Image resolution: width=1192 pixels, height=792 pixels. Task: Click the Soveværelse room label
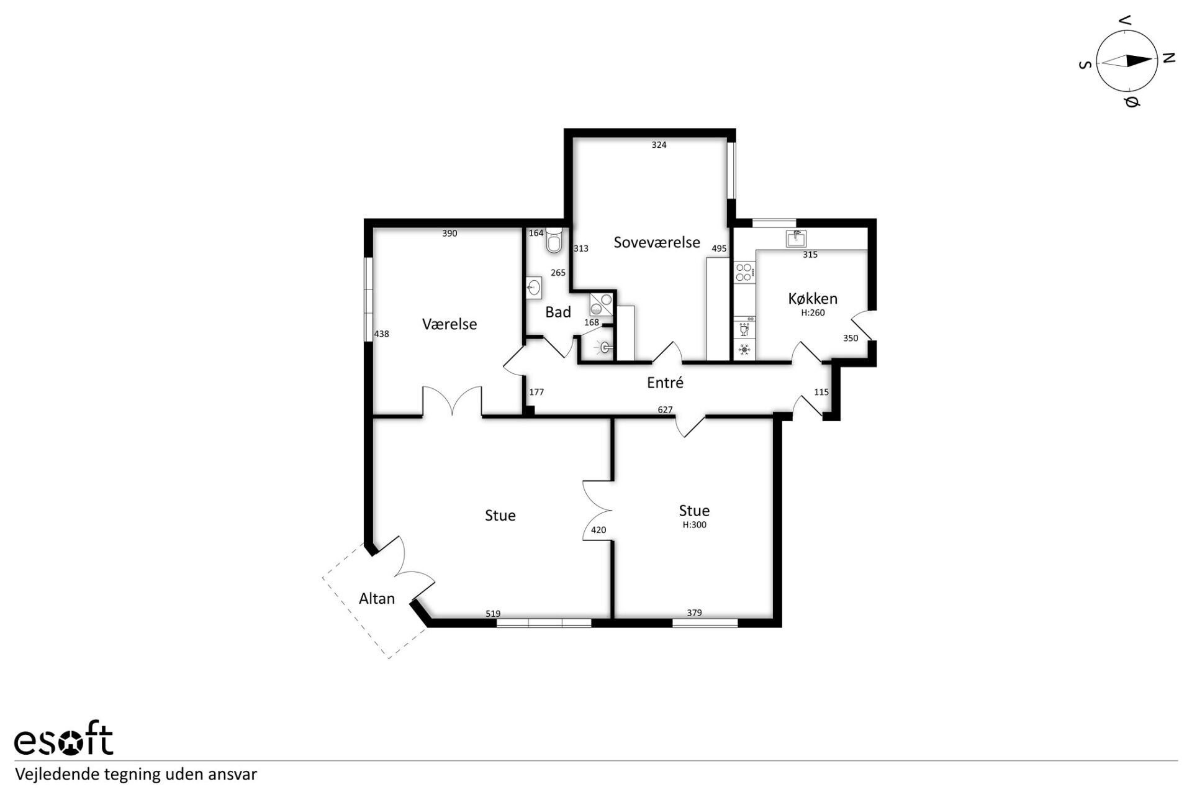pyautogui.click(x=657, y=242)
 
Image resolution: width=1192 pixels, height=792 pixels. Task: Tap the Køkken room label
pyautogui.click(x=813, y=298)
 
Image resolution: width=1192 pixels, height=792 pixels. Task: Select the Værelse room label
pyautogui.click(x=449, y=324)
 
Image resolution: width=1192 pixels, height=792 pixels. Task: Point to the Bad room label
pyautogui.click(x=558, y=312)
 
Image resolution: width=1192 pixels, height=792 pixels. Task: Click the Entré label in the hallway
pyautogui.click(x=665, y=383)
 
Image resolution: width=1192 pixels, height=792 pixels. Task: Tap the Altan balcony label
pyautogui.click(x=377, y=598)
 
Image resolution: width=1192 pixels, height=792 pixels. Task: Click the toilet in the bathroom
pyautogui.click(x=554, y=240)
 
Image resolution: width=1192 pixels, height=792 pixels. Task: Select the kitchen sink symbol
pyautogui.click(x=796, y=239)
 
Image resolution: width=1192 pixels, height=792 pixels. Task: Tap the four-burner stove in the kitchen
pyautogui.click(x=744, y=273)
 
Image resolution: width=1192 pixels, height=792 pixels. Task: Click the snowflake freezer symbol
pyautogui.click(x=744, y=350)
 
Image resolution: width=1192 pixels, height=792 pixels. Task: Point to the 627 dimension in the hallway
pyautogui.click(x=665, y=410)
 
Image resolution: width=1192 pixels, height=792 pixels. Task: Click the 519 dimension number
pyautogui.click(x=493, y=614)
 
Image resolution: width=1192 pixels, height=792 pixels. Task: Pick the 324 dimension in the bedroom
pyautogui.click(x=659, y=145)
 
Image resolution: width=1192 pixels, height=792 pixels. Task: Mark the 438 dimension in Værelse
pyautogui.click(x=381, y=334)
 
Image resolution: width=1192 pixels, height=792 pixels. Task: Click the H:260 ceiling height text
pyautogui.click(x=813, y=313)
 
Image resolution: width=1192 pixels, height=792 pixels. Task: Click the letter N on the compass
pyautogui.click(x=1169, y=58)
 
